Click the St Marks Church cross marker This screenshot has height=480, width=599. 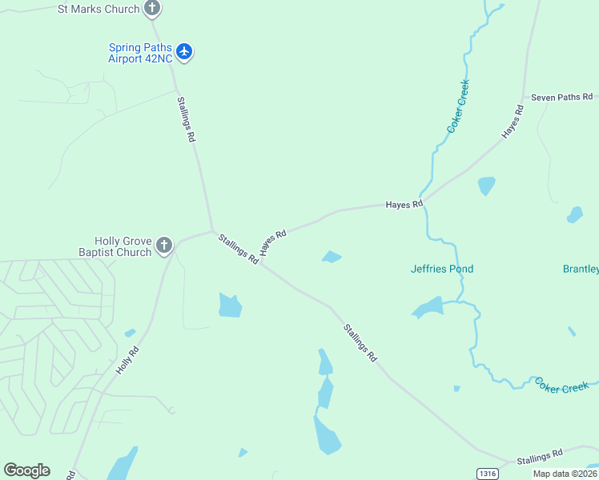152,9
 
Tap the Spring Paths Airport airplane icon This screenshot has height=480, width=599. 185,52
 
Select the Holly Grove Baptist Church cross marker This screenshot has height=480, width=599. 164,245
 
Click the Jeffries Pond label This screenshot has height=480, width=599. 442,269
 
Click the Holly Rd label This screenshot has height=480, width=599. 127,360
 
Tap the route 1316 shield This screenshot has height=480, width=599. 487,474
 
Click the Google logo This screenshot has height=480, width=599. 26,470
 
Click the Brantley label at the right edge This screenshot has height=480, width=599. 581,269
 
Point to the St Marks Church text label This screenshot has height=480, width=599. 98,10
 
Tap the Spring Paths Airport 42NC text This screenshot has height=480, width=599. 141,52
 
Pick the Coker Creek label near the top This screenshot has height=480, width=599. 458,106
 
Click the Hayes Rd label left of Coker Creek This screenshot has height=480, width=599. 404,205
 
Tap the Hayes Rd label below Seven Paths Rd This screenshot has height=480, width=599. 513,122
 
